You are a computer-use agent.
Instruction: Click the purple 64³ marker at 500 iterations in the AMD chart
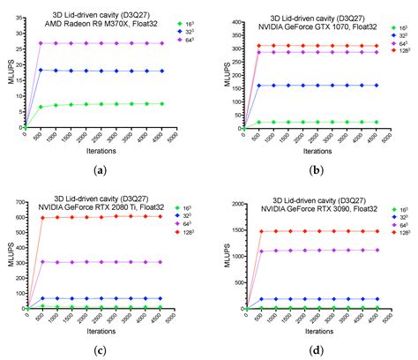[x=41, y=42]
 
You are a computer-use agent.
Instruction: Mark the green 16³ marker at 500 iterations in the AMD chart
[x=41, y=107]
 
